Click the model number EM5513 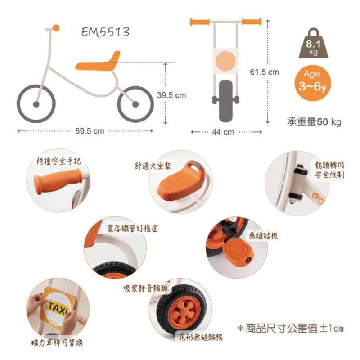coord(106,32)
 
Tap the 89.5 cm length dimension coord(90,131)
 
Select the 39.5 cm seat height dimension coord(171,95)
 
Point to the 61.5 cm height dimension coord(264,72)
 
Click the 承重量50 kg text coord(314,121)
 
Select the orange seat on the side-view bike coord(97,64)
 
